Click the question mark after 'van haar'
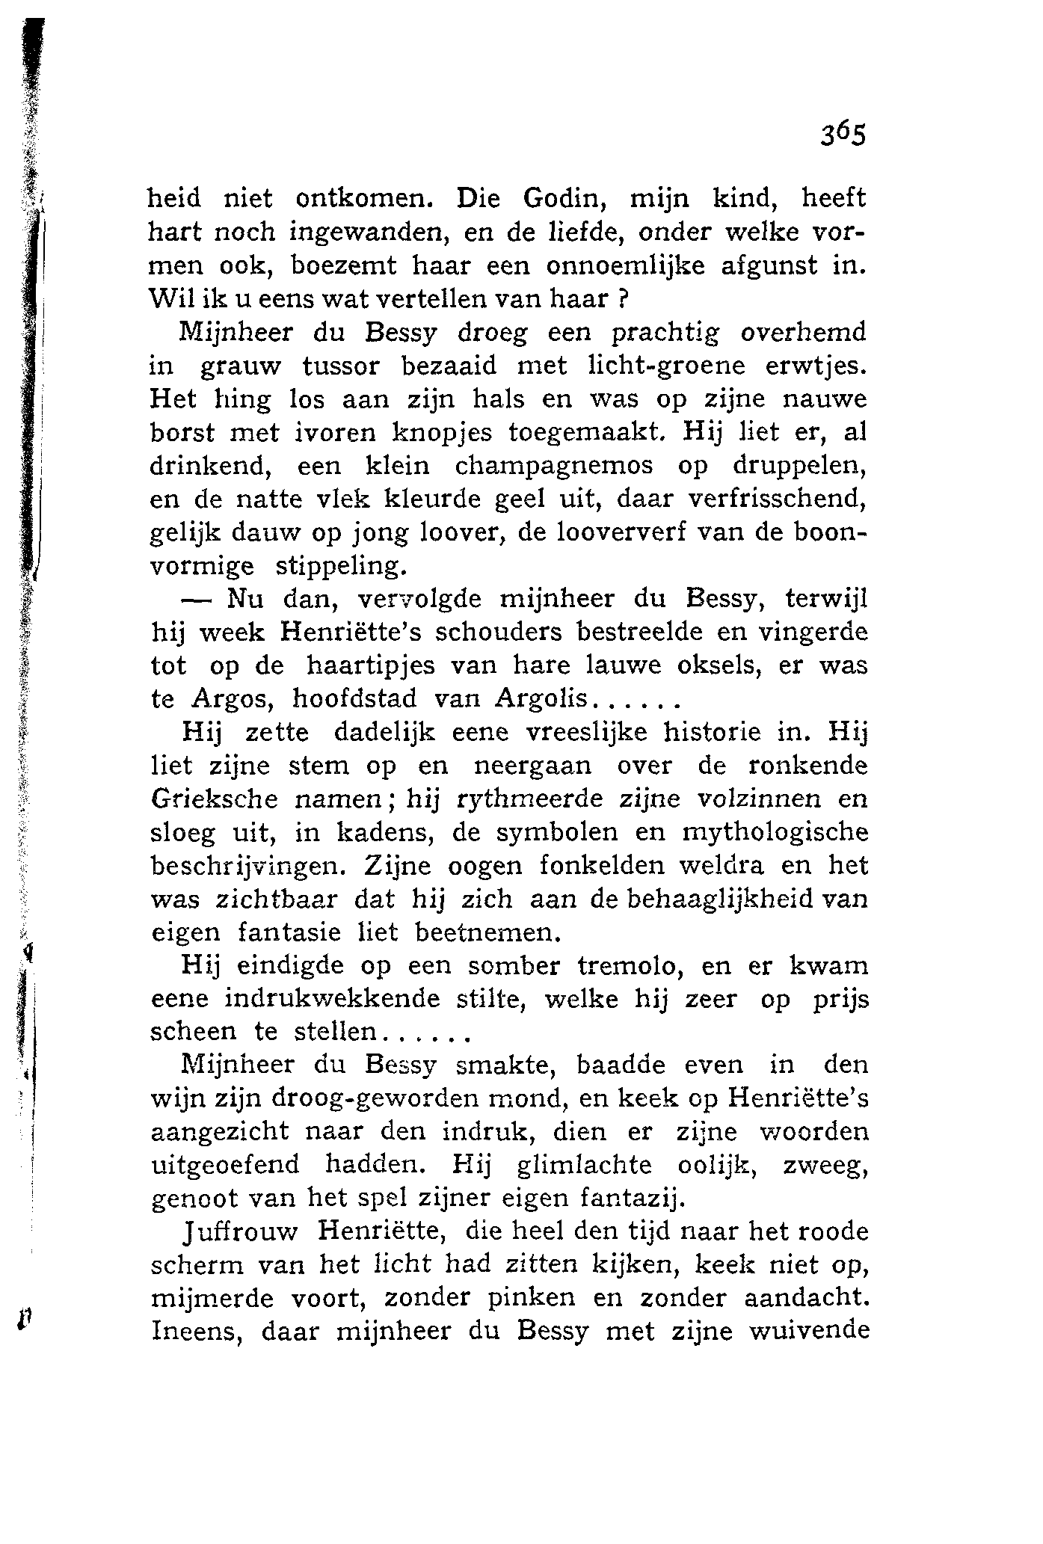click(621, 299)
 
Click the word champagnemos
click(554, 466)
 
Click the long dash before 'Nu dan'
click(197, 599)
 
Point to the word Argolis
click(542, 698)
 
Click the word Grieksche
click(215, 799)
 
